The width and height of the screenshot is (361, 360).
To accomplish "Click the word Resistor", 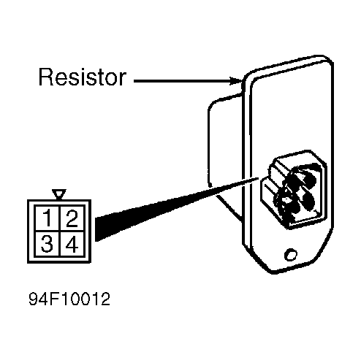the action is tap(83, 77).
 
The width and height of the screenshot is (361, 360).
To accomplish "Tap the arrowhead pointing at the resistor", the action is tap(236, 81).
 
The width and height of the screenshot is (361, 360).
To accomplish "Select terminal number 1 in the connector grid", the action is tap(47, 218).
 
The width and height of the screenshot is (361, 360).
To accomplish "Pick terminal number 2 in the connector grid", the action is tap(72, 218).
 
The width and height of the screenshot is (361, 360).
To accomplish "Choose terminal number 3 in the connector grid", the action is tap(47, 244).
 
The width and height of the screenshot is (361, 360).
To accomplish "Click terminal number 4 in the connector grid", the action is tap(72, 244).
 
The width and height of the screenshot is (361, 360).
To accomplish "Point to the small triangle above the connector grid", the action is tap(59, 194).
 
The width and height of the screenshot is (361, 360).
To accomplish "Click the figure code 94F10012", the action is tap(69, 299).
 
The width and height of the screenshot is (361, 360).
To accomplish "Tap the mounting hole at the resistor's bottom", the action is tap(291, 255).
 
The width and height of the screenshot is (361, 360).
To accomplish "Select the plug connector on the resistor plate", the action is tap(294, 190).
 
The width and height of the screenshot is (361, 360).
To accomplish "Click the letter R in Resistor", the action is tap(46, 77).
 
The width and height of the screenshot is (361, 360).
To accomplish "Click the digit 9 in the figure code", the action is tap(34, 299).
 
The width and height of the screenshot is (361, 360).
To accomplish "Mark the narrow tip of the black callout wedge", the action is tap(258, 178).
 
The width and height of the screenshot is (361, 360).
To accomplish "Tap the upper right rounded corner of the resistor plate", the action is tap(327, 60).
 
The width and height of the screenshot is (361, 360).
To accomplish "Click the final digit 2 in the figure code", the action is tap(105, 299).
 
